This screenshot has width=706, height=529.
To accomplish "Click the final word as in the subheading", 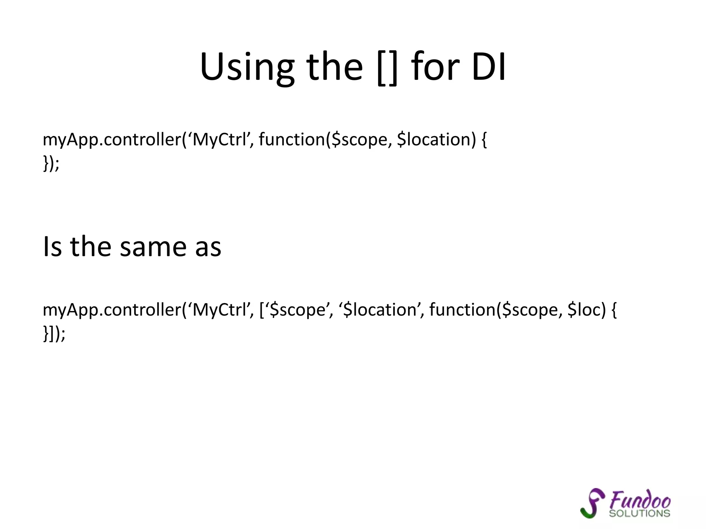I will [208, 247].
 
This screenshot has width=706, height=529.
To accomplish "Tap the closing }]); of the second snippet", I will [54, 333].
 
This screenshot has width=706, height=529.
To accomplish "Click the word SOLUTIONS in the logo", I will [639, 514].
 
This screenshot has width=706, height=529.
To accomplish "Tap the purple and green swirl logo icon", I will [592, 503].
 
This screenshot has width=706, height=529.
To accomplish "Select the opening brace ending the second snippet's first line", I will [614, 310].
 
